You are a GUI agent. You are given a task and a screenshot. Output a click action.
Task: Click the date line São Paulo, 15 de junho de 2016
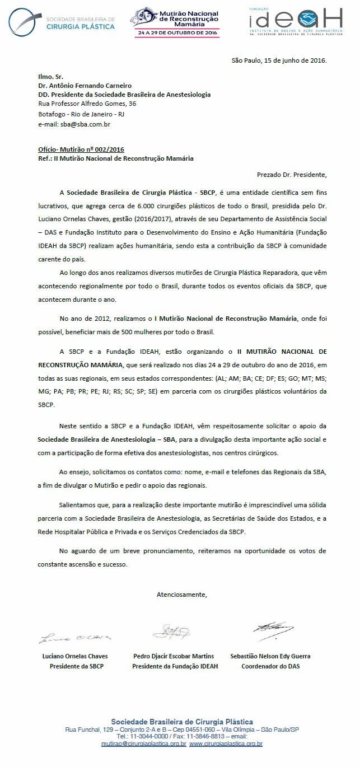tap(279, 60)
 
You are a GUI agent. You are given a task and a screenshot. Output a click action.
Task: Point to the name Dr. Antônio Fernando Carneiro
tap(85, 86)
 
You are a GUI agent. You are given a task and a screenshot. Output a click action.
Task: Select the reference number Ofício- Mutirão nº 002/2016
tap(81, 149)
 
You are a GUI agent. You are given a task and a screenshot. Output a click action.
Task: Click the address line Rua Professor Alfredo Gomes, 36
tap(87, 104)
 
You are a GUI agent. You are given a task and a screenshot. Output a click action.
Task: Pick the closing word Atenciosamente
tap(181, 594)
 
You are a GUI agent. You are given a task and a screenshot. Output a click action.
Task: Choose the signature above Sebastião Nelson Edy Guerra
tap(271, 630)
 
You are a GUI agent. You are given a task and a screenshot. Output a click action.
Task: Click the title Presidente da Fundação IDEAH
tap(175, 666)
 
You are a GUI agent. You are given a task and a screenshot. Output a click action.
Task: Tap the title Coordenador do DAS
tap(270, 666)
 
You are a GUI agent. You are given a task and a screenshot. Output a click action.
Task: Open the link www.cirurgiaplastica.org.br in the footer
tap(226, 743)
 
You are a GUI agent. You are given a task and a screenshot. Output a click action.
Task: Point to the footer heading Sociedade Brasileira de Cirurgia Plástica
tap(182, 722)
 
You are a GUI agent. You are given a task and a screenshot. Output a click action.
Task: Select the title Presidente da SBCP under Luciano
tap(76, 666)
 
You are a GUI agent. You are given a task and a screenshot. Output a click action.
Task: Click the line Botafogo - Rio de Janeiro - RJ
tap(81, 114)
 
